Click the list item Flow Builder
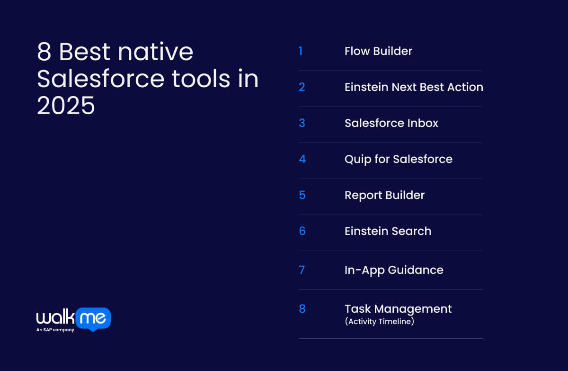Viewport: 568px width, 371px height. pos(378,51)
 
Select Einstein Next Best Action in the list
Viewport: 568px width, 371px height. pos(414,87)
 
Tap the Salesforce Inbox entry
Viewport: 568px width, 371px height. pos(391,123)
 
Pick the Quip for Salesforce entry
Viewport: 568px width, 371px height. pos(398,159)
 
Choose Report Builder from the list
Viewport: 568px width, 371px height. pos(384,195)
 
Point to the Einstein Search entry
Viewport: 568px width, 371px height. pos(388,231)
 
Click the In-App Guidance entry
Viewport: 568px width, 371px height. pos(394,270)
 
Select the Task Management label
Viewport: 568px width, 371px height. pos(398,309)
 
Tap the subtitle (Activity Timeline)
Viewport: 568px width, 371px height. pos(379,321)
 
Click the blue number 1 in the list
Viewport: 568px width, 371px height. pos(301,51)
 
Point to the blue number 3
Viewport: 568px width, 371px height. pos(302,123)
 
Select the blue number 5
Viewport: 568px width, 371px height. pos(302,195)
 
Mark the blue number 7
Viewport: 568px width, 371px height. pos(302,270)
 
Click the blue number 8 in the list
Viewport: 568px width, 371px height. pos(302,309)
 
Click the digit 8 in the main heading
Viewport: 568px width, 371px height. pos(44,52)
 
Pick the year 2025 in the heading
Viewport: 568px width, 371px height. pos(66,106)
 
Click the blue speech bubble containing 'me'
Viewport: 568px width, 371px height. pos(93,319)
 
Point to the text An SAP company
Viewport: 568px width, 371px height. pos(55,330)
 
